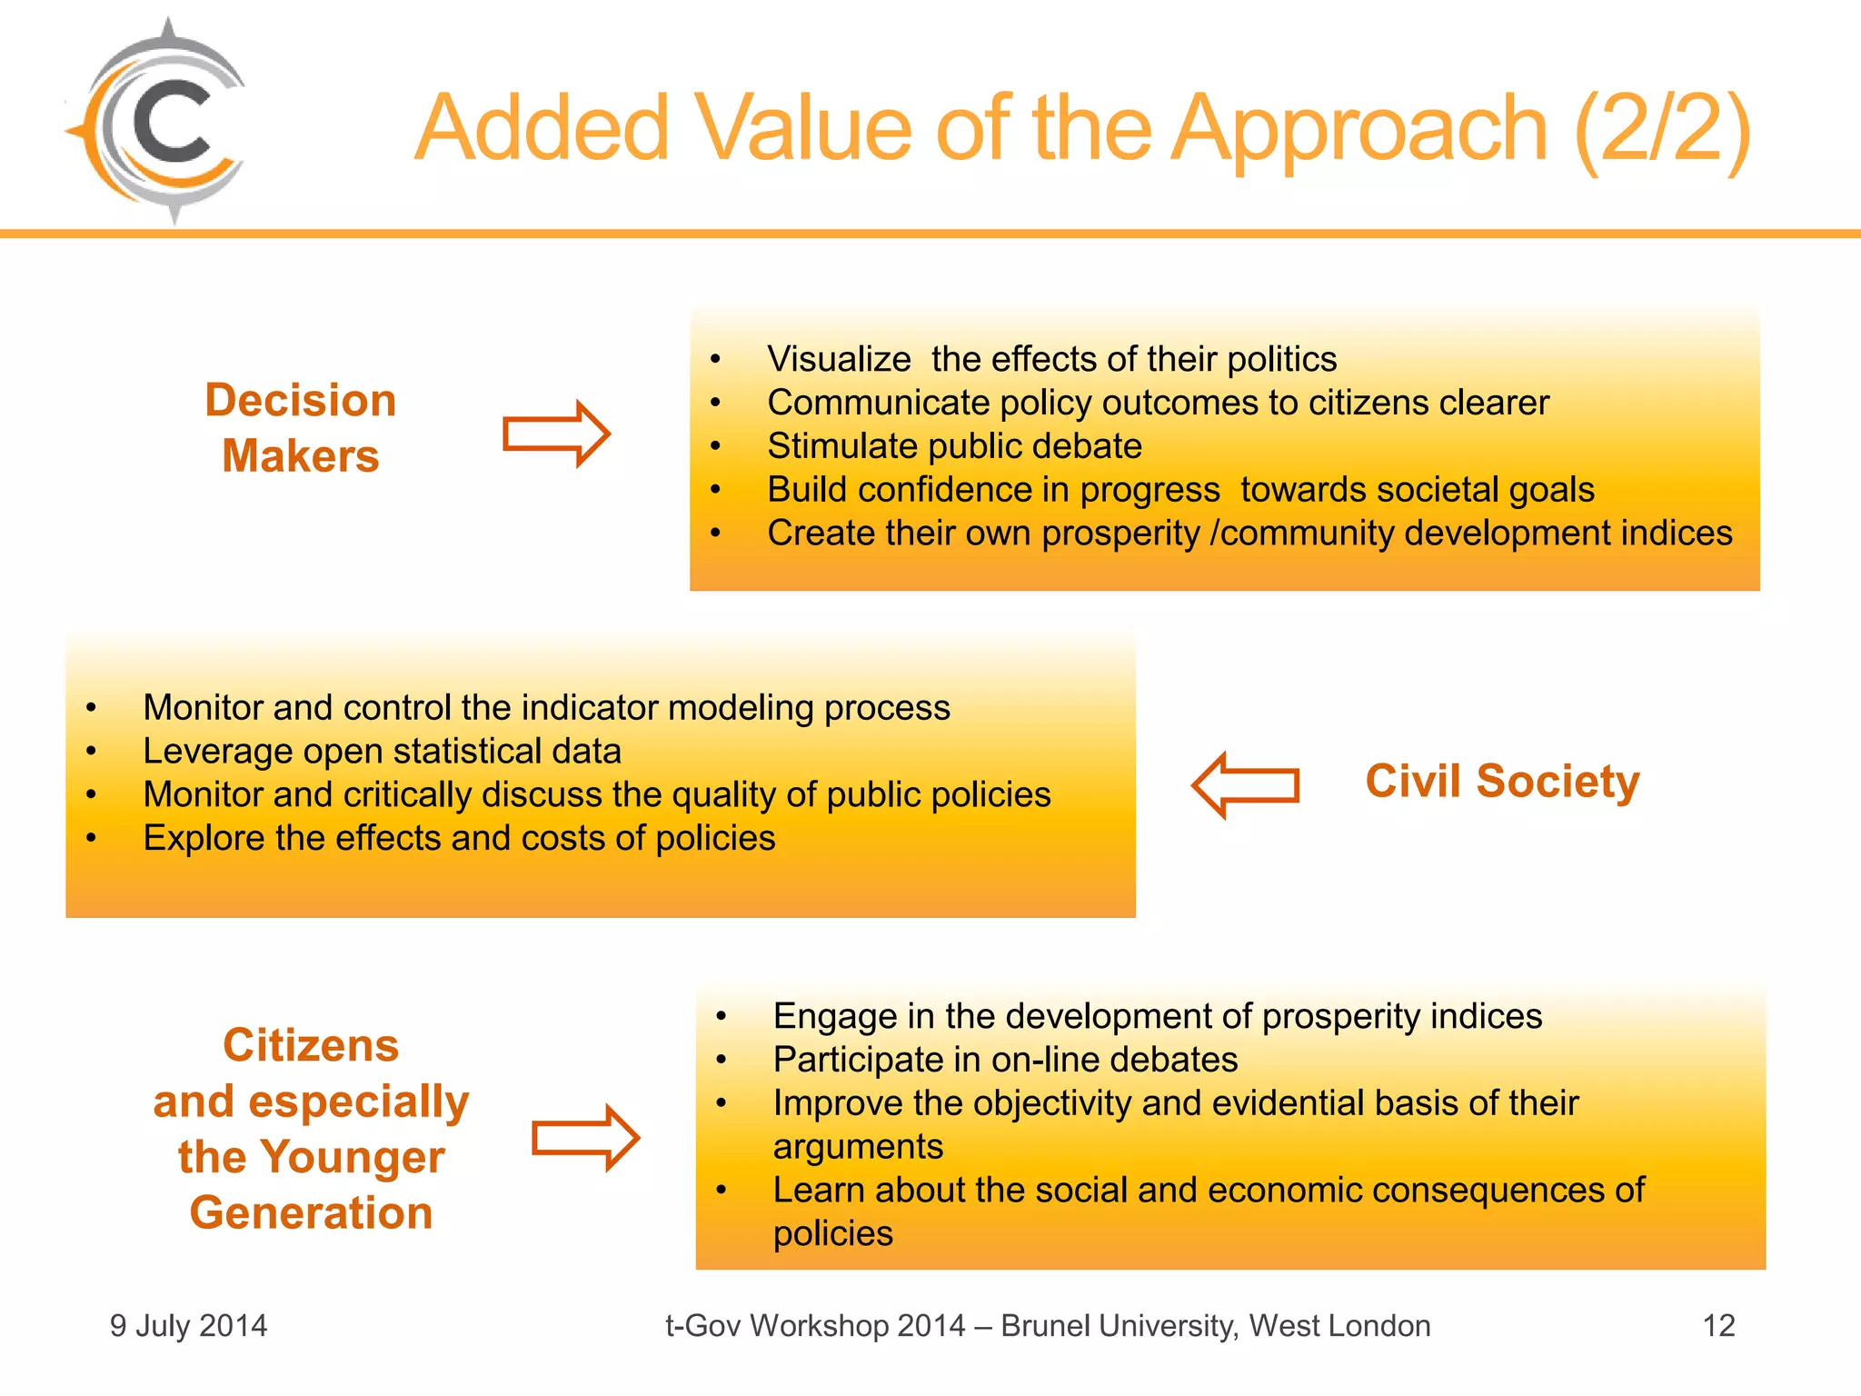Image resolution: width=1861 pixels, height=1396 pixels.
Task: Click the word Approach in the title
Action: pyautogui.click(x=1358, y=130)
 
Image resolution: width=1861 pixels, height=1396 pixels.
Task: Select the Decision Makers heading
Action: pyautogui.click(x=301, y=428)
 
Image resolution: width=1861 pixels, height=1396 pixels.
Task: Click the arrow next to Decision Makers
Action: pyautogui.click(x=556, y=434)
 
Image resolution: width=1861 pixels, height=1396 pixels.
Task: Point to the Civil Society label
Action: pyautogui.click(x=1502, y=781)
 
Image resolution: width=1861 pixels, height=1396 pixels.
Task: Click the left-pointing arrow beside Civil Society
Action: pyautogui.click(x=1245, y=784)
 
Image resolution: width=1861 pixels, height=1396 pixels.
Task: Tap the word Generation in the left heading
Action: pyautogui.click(x=311, y=1212)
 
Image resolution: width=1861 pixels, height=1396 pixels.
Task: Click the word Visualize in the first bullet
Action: pyautogui.click(x=838, y=359)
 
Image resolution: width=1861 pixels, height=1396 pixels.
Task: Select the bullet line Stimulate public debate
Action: pyautogui.click(x=954, y=446)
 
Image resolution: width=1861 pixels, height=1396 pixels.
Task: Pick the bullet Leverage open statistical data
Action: pyautogui.click(x=382, y=752)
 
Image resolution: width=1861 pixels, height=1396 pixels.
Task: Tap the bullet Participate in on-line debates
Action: pyautogui.click(x=1005, y=1060)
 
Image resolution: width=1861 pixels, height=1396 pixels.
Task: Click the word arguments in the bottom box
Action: pyautogui.click(x=858, y=1146)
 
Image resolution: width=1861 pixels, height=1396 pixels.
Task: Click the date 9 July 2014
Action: pyautogui.click(x=188, y=1326)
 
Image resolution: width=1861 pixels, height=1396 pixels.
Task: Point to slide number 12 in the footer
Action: pyautogui.click(x=1718, y=1326)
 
